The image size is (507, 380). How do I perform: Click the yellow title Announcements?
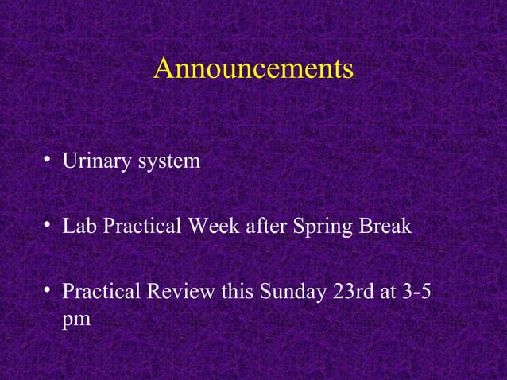[x=253, y=68]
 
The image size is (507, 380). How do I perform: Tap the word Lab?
[x=79, y=227]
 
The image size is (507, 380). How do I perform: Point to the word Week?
[x=207, y=227]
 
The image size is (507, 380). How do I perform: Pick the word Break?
[x=386, y=227]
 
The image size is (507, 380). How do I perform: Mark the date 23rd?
[x=354, y=292]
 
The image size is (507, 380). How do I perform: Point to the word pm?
[x=76, y=320]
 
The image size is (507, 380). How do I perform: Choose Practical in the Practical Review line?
[x=100, y=292]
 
